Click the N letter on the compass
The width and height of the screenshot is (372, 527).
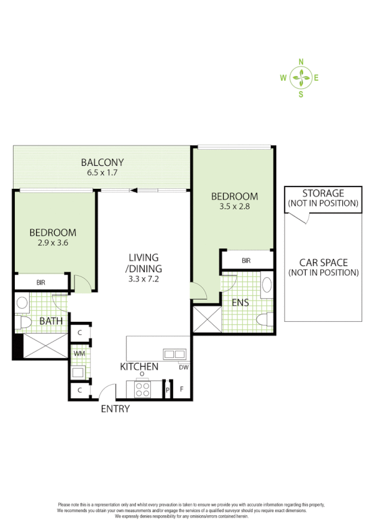point(301,62)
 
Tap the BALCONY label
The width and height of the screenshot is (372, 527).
point(102,163)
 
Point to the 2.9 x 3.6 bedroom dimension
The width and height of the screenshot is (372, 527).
point(53,243)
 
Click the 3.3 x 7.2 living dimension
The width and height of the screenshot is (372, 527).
point(143,280)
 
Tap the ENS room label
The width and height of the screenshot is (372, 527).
point(240,303)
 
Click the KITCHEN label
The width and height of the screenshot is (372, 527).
point(139,367)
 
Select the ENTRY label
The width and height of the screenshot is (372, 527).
point(116,408)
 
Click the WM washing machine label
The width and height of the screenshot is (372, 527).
point(79,354)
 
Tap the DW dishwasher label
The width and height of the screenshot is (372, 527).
point(183,367)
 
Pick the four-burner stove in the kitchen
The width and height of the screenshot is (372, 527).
point(142,388)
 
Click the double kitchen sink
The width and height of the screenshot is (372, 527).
point(174,354)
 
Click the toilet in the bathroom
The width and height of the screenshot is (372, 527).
point(24,323)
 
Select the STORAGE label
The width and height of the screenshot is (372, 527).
point(323,193)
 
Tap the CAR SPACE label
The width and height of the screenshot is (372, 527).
point(323,263)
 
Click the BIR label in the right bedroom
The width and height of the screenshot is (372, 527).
point(247,260)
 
